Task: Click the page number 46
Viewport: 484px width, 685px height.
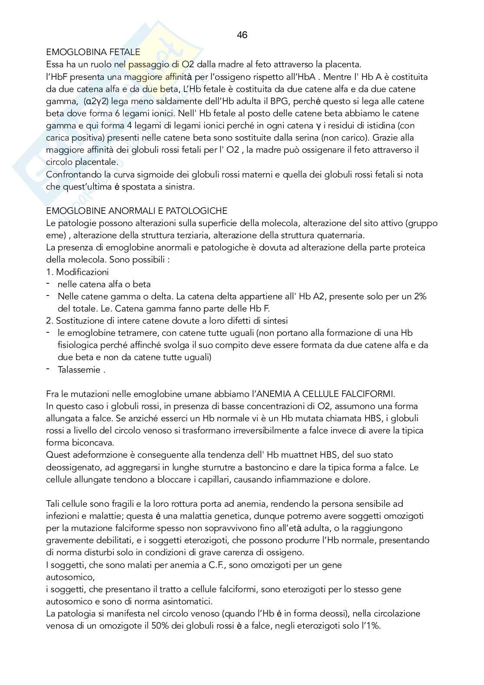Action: point(242,35)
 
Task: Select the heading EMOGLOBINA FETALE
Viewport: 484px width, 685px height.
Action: point(93,52)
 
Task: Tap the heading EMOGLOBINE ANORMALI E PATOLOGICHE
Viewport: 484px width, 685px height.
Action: point(137,211)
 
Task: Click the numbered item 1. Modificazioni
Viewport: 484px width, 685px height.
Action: point(77,272)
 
